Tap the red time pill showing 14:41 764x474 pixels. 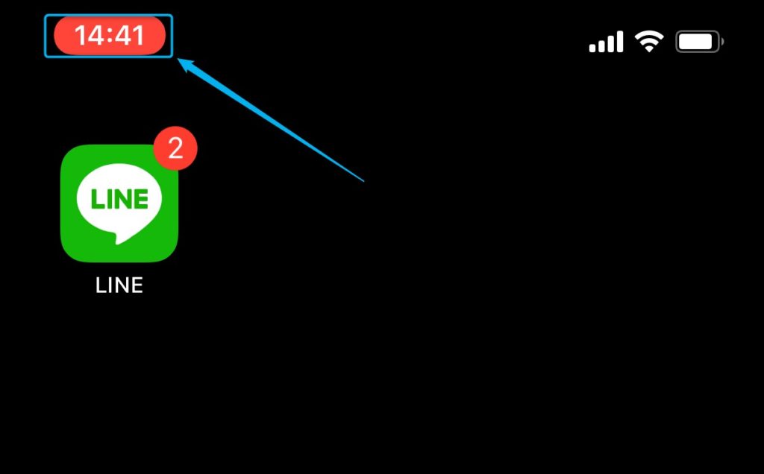point(110,36)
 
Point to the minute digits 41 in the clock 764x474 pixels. point(129,36)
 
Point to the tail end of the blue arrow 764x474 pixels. point(364,182)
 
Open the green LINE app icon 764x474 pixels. point(119,203)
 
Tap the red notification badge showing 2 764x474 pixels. point(175,148)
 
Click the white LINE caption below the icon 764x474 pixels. point(119,285)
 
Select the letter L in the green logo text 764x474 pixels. point(97,198)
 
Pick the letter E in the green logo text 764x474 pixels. point(141,198)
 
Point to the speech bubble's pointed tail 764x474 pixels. point(117,238)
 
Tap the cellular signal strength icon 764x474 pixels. point(606,42)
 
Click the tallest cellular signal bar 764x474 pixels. point(619,42)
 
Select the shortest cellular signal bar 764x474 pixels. point(592,48)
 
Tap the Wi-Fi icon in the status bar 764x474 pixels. point(649,41)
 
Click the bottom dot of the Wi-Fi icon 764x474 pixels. point(649,49)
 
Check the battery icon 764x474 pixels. point(700,42)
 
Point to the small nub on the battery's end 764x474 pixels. point(722,42)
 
